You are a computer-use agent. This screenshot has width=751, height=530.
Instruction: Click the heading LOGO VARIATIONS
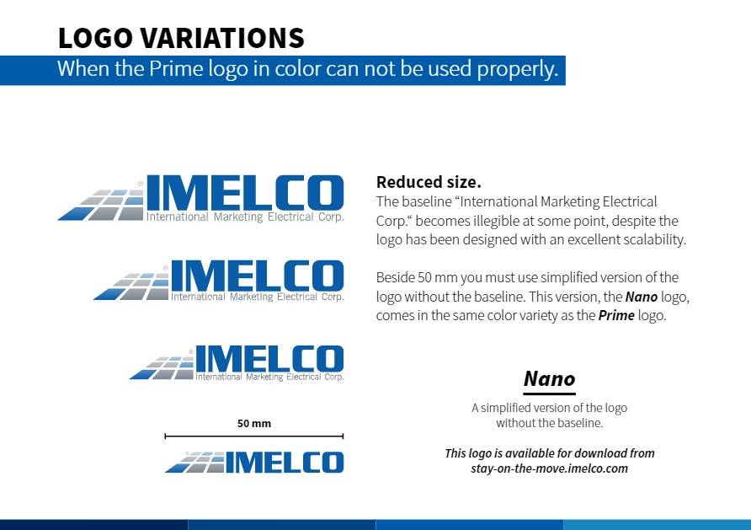[x=181, y=38]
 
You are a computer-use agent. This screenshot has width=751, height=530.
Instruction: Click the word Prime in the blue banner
[x=175, y=68]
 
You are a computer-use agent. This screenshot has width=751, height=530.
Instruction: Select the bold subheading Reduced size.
[x=429, y=182]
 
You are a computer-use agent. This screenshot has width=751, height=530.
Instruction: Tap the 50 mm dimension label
[x=254, y=424]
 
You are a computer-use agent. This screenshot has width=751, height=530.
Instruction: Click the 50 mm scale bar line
[x=254, y=436]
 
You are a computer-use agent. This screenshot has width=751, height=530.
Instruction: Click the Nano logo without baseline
[x=254, y=462]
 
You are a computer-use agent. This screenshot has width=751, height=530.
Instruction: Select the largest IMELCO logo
[x=200, y=198]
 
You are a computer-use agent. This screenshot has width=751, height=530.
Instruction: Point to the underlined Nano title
[x=550, y=379]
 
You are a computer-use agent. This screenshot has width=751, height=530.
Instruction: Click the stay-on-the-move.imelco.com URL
[x=550, y=468]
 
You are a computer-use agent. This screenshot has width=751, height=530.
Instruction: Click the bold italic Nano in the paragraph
[x=642, y=297]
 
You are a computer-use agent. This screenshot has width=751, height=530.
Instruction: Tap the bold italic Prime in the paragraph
[x=616, y=315]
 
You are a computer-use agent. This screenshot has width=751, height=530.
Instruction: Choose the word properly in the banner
[x=517, y=69]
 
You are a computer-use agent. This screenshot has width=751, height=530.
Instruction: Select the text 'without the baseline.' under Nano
[x=550, y=423]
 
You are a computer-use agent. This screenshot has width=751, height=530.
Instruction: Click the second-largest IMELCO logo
[x=219, y=281]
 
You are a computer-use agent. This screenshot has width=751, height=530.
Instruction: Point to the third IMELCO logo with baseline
[x=237, y=363]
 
